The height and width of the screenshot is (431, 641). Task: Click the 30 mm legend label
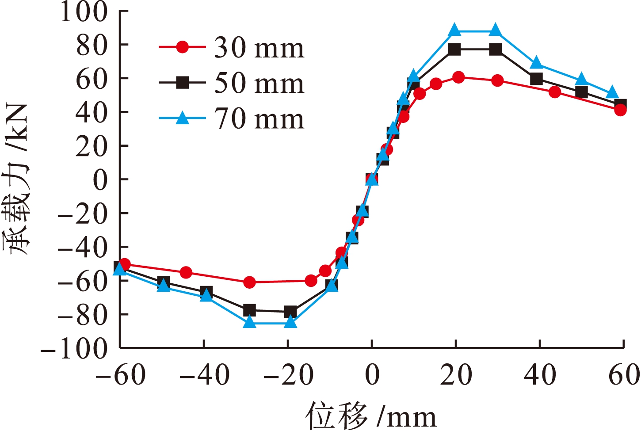point(259,47)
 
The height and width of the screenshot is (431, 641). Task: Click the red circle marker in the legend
point(182,47)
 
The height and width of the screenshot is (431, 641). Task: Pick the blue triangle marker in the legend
point(182,118)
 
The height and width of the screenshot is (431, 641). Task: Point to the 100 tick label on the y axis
point(84,11)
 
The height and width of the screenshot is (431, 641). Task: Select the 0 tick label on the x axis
point(372,374)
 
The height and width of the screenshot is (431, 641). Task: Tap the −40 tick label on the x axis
point(204,374)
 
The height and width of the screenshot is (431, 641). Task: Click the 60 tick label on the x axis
point(624,374)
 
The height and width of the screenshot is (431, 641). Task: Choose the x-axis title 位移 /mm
point(370,416)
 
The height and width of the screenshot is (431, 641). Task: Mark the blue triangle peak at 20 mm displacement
point(455,30)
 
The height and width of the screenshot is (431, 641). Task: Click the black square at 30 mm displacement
point(496,49)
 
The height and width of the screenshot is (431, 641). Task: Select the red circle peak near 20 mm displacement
point(458,77)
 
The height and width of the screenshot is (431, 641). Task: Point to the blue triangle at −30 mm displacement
point(250,322)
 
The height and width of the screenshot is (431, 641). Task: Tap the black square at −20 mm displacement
point(290,312)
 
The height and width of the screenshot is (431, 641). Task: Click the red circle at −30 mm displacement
point(249,282)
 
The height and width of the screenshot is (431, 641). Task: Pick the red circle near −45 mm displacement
point(186,272)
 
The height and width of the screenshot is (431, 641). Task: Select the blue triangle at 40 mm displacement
point(536,63)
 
